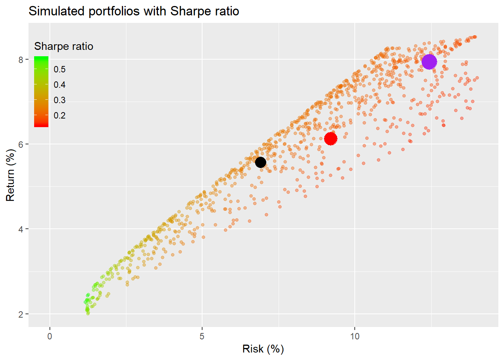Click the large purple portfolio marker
(x=429, y=61)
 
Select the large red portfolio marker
(x=330, y=138)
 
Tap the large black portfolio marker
(x=261, y=162)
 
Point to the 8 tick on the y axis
(x=21, y=60)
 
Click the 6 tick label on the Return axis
(x=21, y=144)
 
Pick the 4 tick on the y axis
(x=21, y=229)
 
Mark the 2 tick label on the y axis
(x=21, y=314)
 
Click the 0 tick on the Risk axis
(x=50, y=336)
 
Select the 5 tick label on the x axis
(x=202, y=336)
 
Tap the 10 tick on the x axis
(x=355, y=336)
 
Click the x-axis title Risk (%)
(x=263, y=349)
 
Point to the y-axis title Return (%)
(x=10, y=175)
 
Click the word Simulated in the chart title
(x=57, y=11)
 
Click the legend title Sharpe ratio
(x=64, y=46)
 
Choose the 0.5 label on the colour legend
(x=60, y=69)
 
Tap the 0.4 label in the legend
(x=60, y=85)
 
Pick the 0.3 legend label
(x=60, y=100)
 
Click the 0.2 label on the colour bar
(x=60, y=115)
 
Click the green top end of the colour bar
(x=41, y=59)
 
